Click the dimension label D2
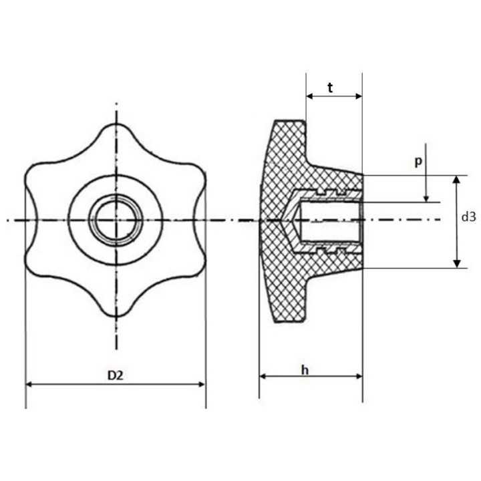pyautogui.click(x=116, y=375)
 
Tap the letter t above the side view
pyautogui.click(x=330, y=88)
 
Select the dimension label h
pyautogui.click(x=305, y=370)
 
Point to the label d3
pyautogui.click(x=468, y=217)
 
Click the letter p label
pyautogui.click(x=418, y=161)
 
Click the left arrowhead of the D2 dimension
pyautogui.click(x=29, y=384)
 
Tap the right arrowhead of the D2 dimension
pyautogui.click(x=202, y=384)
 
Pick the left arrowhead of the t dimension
pyautogui.click(x=309, y=96)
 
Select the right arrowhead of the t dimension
pyautogui.click(x=358, y=96)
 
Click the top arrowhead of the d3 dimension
pyautogui.click(x=457, y=180)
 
